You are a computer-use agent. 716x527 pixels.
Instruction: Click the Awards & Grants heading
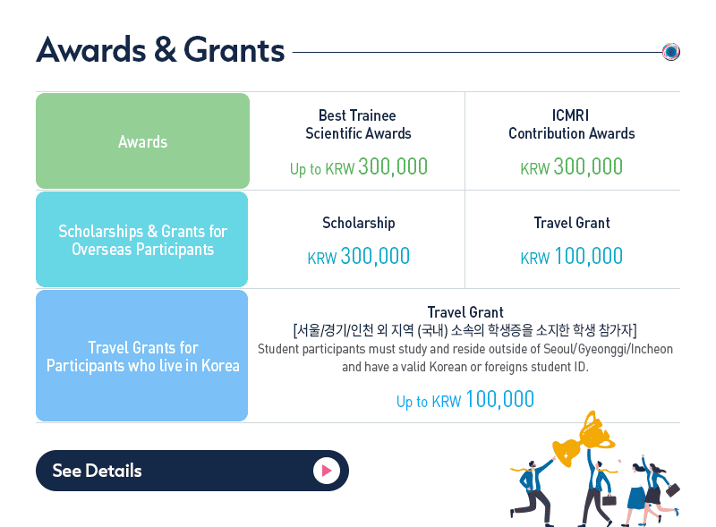(160, 49)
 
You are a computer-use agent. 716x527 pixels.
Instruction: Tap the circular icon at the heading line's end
(670, 52)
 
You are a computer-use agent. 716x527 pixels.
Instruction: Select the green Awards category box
(142, 140)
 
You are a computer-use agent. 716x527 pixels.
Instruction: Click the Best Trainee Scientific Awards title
(358, 124)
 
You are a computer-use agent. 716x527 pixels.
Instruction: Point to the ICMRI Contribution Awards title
(571, 124)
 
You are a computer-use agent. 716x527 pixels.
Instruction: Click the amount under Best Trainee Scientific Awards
(359, 166)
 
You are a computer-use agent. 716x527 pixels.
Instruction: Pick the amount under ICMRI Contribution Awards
(571, 166)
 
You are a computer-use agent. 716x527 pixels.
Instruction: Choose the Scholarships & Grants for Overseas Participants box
(142, 239)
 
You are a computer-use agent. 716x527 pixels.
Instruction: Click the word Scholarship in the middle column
(359, 223)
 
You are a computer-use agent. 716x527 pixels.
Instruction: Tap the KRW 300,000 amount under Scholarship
(359, 256)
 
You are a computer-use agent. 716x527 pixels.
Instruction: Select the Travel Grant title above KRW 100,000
(572, 223)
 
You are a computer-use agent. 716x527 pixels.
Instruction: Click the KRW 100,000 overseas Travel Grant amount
(571, 256)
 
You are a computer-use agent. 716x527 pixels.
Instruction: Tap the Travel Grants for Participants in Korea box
(142, 356)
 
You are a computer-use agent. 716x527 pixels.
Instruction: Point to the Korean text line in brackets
(465, 330)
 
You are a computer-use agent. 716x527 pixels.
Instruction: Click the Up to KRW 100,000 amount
(465, 400)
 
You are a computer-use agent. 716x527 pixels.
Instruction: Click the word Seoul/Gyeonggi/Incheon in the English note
(608, 349)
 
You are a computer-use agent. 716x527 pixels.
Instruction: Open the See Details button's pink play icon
(327, 471)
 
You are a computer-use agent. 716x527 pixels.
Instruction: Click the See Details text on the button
(97, 471)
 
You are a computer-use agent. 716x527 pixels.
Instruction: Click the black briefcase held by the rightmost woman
(673, 490)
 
